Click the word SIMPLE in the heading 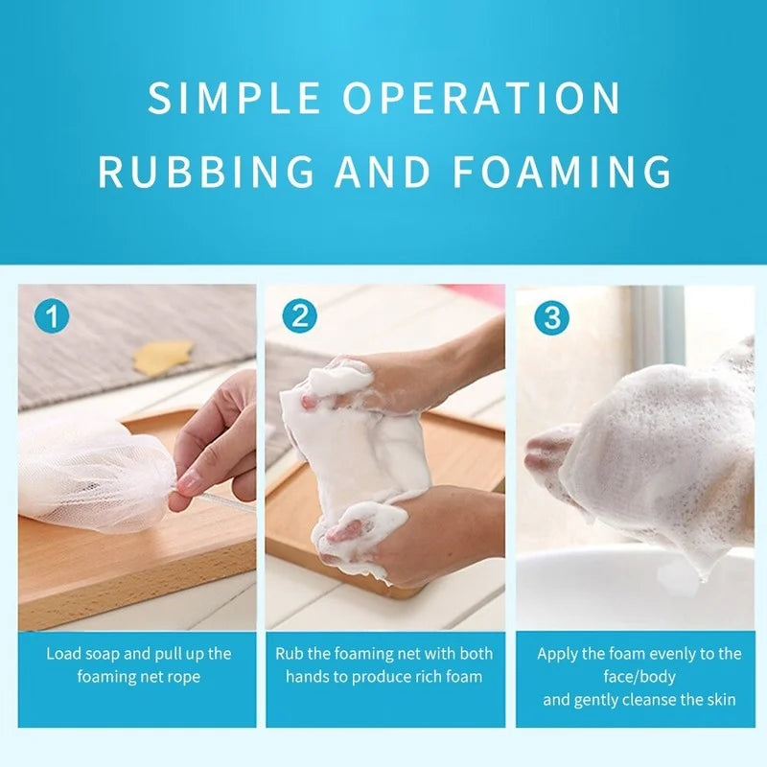pos(234,98)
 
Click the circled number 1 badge pos(52,316)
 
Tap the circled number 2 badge pos(299,316)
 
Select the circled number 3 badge pos(552,317)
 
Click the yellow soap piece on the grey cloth pos(163,357)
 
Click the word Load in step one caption pos(63,654)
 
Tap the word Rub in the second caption pos(287,654)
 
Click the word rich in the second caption pos(429,677)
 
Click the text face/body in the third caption pos(639,678)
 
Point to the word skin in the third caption pos(722,700)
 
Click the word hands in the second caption pos(307,677)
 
